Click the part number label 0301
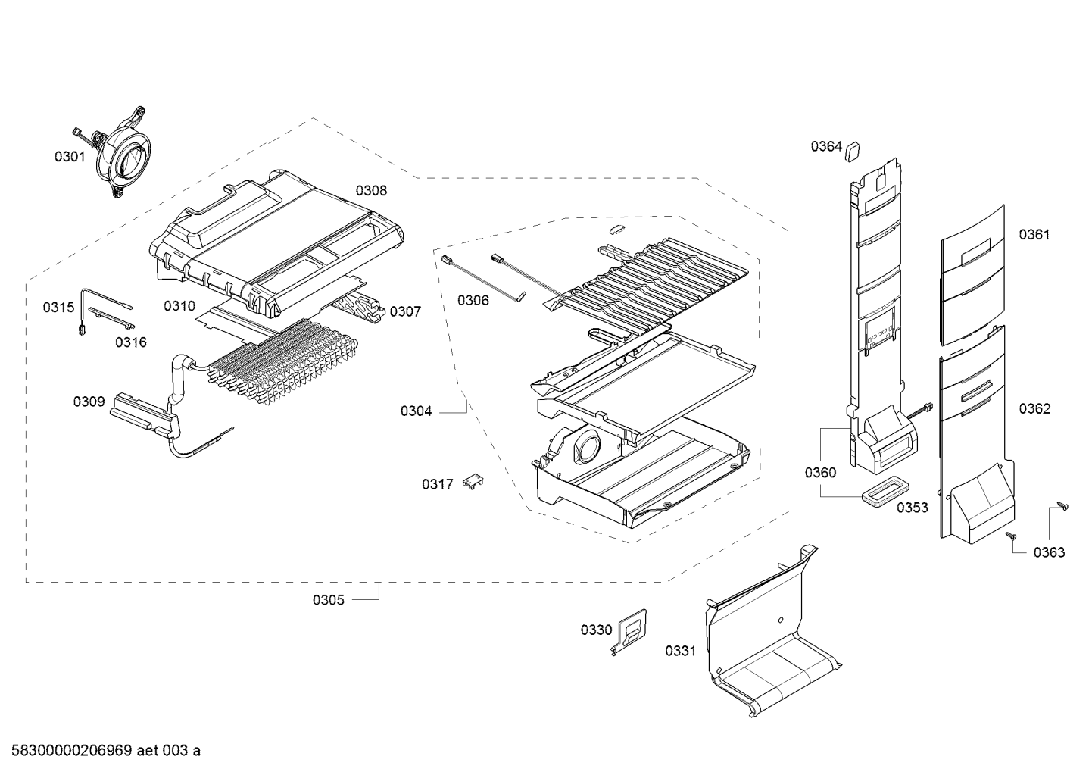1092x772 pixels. pyautogui.click(x=70, y=157)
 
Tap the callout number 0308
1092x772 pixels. pyautogui.click(x=371, y=191)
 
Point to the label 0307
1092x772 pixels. pyautogui.click(x=405, y=311)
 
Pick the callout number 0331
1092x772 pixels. pyautogui.click(x=680, y=651)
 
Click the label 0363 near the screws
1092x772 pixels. pyautogui.click(x=1049, y=552)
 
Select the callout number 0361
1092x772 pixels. pyautogui.click(x=1034, y=235)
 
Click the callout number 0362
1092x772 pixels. pyautogui.click(x=1034, y=409)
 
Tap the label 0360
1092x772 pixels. pyautogui.click(x=820, y=473)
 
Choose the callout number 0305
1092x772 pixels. pyautogui.click(x=328, y=600)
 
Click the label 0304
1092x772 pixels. pyautogui.click(x=416, y=411)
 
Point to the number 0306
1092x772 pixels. pyautogui.click(x=473, y=301)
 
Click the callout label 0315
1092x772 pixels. pyautogui.click(x=58, y=307)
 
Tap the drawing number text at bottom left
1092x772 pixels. pyautogui.click(x=101, y=751)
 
